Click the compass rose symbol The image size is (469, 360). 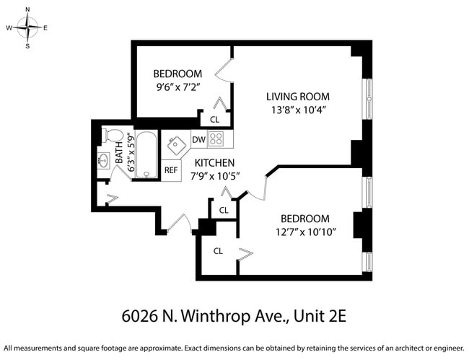click(27, 28)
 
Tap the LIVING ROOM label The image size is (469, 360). click(297, 96)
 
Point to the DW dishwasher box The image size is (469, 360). click(198, 139)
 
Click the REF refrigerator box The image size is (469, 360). click(170, 170)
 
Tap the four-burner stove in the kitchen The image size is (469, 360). click(217, 139)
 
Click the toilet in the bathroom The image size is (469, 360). click(112, 136)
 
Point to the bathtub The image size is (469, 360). click(146, 154)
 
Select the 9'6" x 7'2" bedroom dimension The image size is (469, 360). click(177, 87)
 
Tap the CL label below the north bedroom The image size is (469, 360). click(214, 120)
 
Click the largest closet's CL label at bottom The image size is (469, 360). click(218, 250)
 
